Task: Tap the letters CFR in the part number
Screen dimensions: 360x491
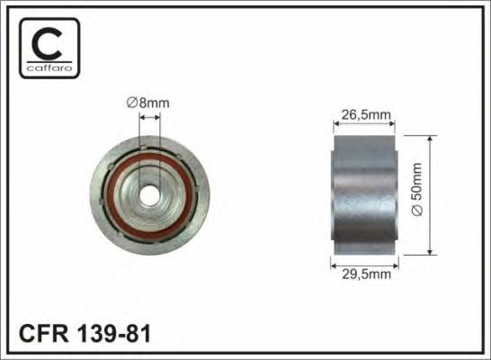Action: pyautogui.click(x=45, y=334)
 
